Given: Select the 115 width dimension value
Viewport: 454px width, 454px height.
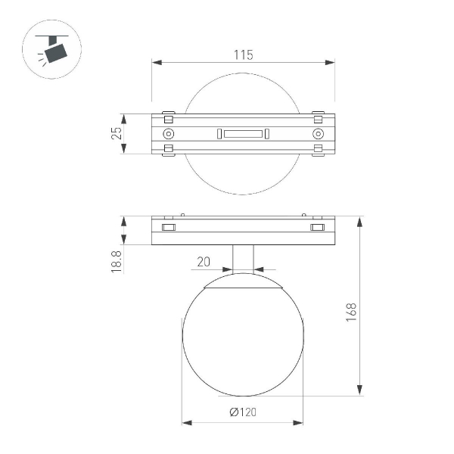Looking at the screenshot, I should [x=243, y=54].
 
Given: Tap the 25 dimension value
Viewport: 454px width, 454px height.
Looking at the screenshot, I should [x=116, y=134].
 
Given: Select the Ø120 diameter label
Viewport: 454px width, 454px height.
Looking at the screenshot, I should [x=243, y=412].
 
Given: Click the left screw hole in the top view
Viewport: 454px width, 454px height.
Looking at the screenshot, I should [x=168, y=134].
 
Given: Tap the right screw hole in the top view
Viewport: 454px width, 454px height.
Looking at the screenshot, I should [x=317, y=134].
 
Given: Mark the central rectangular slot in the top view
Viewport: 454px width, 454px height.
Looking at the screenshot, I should [x=243, y=134].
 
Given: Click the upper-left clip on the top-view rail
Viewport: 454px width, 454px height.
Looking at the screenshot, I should [x=168, y=117].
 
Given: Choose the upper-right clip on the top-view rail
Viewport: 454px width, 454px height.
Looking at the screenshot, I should [x=317, y=117].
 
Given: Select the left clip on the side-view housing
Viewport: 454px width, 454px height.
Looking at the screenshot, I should [x=168, y=227].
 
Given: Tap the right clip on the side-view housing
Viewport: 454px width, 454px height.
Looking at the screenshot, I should [x=317, y=227].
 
